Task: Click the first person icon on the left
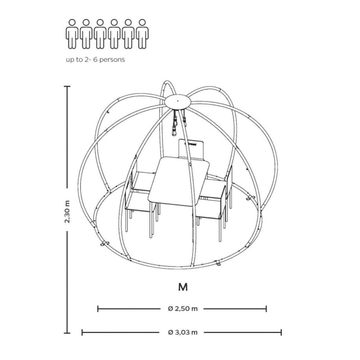[x=72, y=34]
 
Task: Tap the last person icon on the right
[x=142, y=34]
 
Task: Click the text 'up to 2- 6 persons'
[x=95, y=60]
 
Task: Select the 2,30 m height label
[x=67, y=211]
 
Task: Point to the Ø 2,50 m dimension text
[x=183, y=309]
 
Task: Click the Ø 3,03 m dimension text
[x=183, y=332]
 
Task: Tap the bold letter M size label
[x=183, y=287]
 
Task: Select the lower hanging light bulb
[x=174, y=131]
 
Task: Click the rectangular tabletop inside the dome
[x=179, y=181]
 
